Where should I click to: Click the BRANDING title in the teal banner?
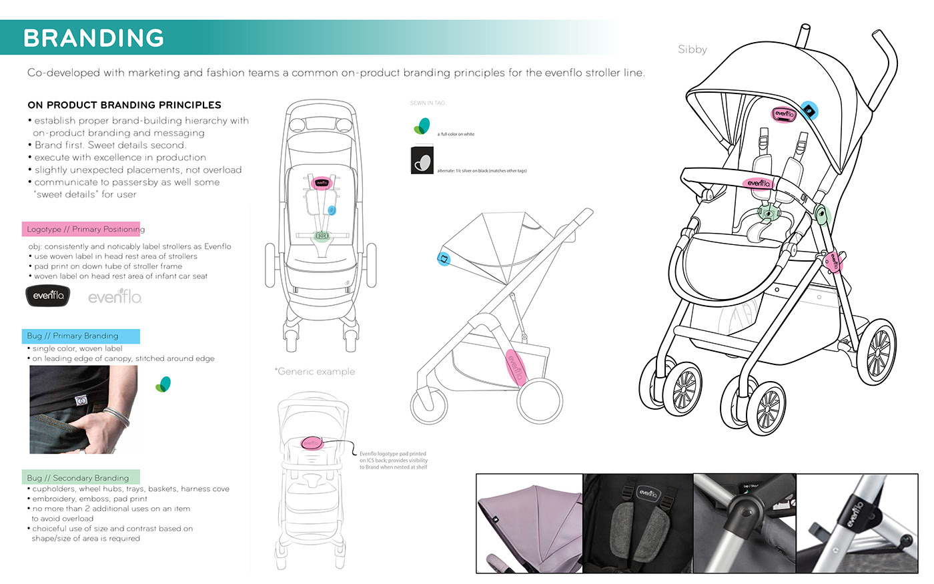(x=93, y=38)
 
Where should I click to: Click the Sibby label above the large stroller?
(x=692, y=49)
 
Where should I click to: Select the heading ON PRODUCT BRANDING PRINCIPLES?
(x=124, y=105)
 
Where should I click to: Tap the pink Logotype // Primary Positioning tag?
(x=81, y=229)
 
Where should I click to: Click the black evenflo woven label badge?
(x=48, y=295)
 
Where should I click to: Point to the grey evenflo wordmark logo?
(x=115, y=296)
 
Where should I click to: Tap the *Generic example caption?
(x=315, y=371)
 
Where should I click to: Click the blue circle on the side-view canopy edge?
(x=443, y=258)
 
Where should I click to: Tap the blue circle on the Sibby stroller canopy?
(x=809, y=111)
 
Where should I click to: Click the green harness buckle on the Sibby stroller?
(x=770, y=215)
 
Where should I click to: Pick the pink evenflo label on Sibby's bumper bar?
(x=759, y=183)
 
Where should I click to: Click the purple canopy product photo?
(x=529, y=523)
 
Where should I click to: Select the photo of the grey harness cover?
(x=638, y=523)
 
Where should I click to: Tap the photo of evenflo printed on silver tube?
(x=857, y=523)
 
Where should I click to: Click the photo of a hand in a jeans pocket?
(x=83, y=409)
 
